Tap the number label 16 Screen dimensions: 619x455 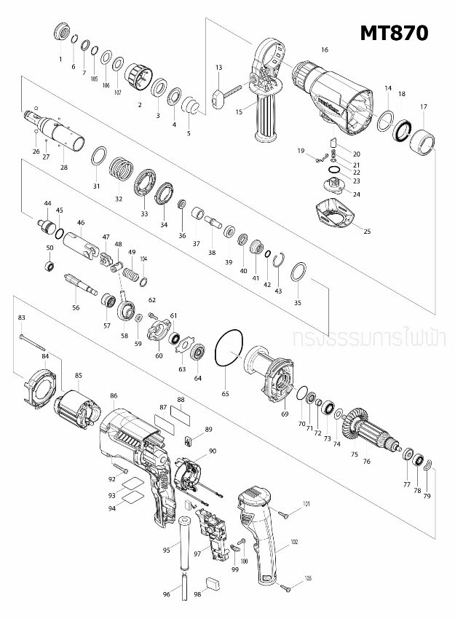[325, 50]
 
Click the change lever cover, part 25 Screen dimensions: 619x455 [336, 214]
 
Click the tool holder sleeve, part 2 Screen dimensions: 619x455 [136, 74]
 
